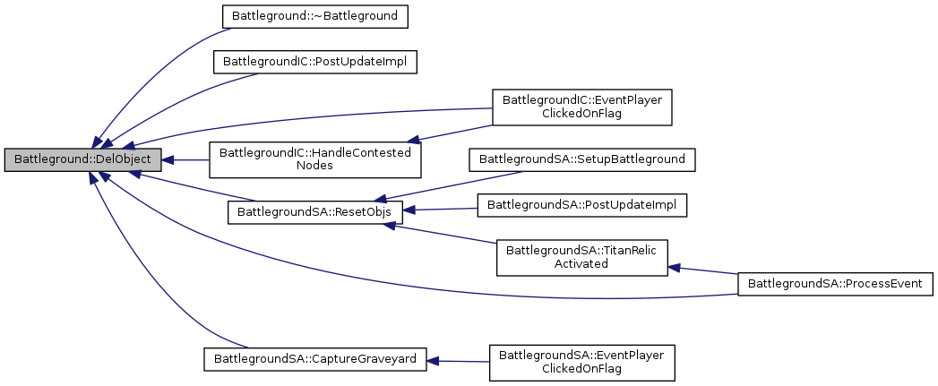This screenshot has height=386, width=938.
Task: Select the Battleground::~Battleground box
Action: (x=303, y=15)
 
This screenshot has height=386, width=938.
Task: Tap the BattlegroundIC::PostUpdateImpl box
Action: (x=315, y=63)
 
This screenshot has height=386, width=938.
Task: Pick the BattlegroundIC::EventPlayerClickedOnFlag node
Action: (x=581, y=107)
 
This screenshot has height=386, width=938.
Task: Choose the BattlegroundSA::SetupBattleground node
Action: (x=582, y=159)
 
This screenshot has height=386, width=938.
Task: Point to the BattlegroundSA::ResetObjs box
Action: (x=315, y=212)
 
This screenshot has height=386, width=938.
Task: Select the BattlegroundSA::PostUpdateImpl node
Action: (x=582, y=205)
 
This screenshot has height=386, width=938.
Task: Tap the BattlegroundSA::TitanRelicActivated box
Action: (x=582, y=257)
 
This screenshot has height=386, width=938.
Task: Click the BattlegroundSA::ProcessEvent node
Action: (x=834, y=284)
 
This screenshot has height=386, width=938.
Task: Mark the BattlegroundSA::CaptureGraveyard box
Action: (x=314, y=360)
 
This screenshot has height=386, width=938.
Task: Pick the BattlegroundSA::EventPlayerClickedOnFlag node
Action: (x=581, y=362)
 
